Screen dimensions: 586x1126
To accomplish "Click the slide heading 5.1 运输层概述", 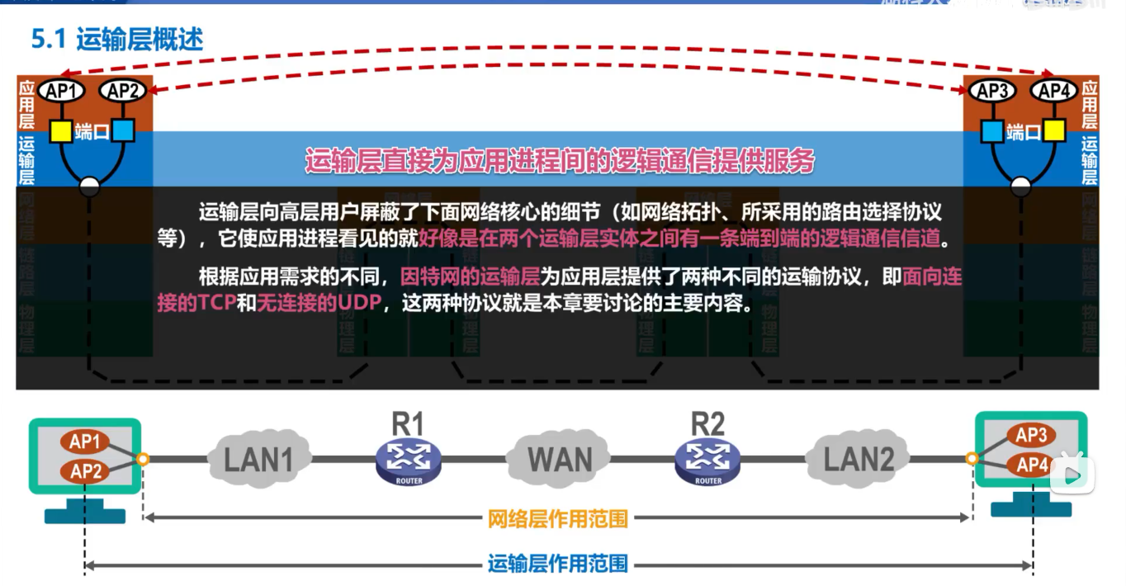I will click(x=116, y=39).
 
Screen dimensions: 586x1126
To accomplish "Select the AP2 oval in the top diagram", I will click(x=122, y=92).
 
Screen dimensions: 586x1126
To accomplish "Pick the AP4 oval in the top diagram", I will click(x=1054, y=92).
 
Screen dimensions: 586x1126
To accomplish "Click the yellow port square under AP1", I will click(x=61, y=130).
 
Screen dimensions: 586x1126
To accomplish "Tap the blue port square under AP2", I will click(x=122, y=130).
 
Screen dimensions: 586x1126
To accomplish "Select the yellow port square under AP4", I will click(x=1053, y=130).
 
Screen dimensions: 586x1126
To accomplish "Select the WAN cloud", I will click(x=559, y=459).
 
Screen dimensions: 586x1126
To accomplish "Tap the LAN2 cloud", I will click(x=859, y=459).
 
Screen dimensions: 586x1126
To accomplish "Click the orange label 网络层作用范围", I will click(x=558, y=519).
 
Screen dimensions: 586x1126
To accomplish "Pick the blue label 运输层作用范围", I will click(x=558, y=565).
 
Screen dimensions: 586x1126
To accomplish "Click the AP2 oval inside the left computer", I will click(x=85, y=471).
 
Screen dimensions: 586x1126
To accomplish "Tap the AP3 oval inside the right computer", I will click(x=1031, y=436).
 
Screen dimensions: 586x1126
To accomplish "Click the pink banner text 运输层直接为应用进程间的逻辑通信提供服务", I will click(x=560, y=161).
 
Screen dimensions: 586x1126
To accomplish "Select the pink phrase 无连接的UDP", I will click(x=319, y=303).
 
